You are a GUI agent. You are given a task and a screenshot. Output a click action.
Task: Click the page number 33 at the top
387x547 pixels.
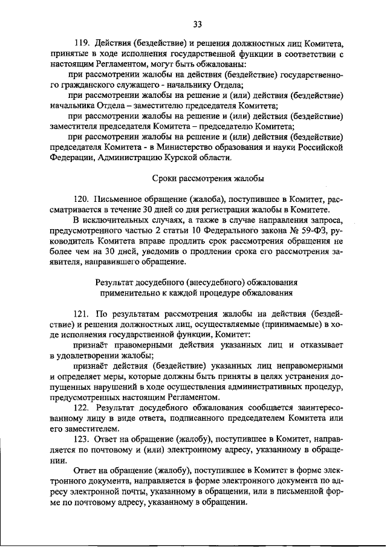pyautogui.click(x=197, y=24)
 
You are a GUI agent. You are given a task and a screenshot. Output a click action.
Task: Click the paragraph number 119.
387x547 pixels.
pyautogui.click(x=83, y=43)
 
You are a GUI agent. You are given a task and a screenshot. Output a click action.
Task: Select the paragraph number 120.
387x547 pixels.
pyautogui.click(x=83, y=199)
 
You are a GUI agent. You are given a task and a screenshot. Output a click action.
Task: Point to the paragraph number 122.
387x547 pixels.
pyautogui.click(x=83, y=409)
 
